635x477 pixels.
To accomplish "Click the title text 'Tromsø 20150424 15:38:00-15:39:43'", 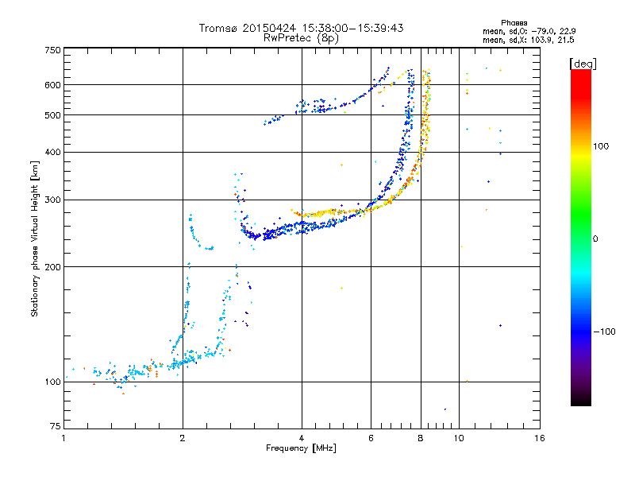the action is (x=301, y=28).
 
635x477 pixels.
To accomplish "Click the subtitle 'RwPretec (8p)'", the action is (x=301, y=38).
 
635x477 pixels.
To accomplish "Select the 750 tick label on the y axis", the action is (x=52, y=50).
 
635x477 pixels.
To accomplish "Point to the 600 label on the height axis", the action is (x=52, y=85).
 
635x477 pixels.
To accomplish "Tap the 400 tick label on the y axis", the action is (x=52, y=152).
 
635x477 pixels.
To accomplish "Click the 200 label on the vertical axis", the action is (x=52, y=267).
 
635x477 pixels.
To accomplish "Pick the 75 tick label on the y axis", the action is (x=56, y=426).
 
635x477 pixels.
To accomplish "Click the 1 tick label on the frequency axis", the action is (x=63, y=438).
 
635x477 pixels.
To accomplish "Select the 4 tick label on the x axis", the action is (x=302, y=438).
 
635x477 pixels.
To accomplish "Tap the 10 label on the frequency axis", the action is (x=459, y=438).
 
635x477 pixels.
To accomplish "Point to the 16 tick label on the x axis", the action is (x=540, y=438).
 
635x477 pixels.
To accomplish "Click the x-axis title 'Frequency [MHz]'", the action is (x=301, y=448).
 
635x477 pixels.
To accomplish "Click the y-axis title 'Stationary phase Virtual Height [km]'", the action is (x=35, y=238).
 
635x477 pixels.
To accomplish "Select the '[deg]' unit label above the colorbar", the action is (x=583, y=64).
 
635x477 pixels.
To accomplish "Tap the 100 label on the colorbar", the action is (x=601, y=146).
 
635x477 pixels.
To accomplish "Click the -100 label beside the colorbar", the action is (x=605, y=332).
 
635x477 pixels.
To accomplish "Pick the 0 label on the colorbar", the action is (x=595, y=239).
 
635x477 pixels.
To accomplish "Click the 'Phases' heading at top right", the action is (x=514, y=23).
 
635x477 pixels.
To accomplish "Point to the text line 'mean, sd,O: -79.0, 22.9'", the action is (x=529, y=32).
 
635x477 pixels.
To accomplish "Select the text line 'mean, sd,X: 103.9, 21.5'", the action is (x=528, y=41).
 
